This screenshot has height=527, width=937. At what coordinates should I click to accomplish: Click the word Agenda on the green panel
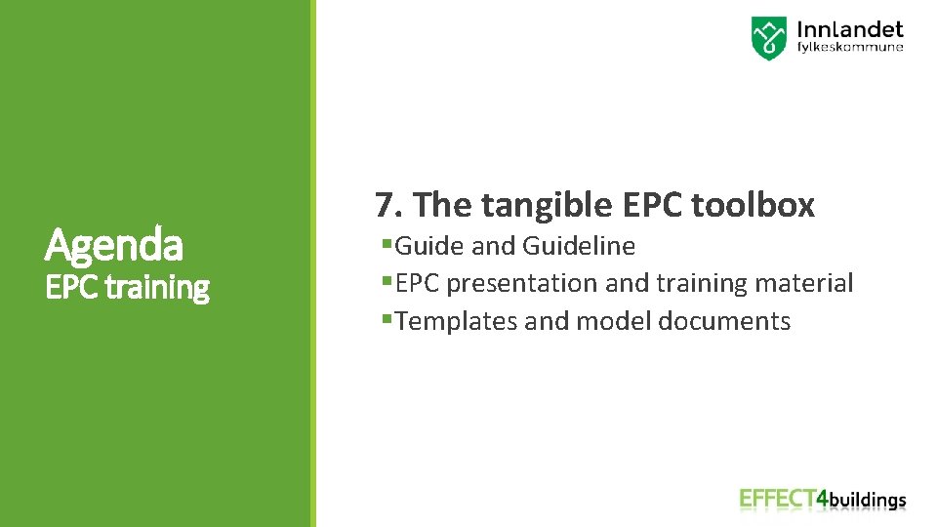point(113,245)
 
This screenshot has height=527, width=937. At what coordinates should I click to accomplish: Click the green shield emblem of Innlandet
point(768,38)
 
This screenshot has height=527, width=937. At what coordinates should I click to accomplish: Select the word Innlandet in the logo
point(850,29)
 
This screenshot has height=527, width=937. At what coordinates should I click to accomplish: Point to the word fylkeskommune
point(850,47)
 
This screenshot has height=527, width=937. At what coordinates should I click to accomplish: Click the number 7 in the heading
point(384,205)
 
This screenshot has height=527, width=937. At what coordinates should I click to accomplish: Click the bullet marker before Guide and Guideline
point(387,244)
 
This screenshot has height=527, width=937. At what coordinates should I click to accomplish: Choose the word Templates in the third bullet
point(457,322)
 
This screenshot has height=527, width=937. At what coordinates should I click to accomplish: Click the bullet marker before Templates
point(387,320)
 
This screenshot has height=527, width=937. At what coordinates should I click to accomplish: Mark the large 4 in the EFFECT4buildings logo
point(823,499)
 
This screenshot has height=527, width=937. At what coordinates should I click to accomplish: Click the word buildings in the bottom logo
point(868,501)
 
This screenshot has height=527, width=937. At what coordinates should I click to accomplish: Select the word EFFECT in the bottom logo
point(777,499)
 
